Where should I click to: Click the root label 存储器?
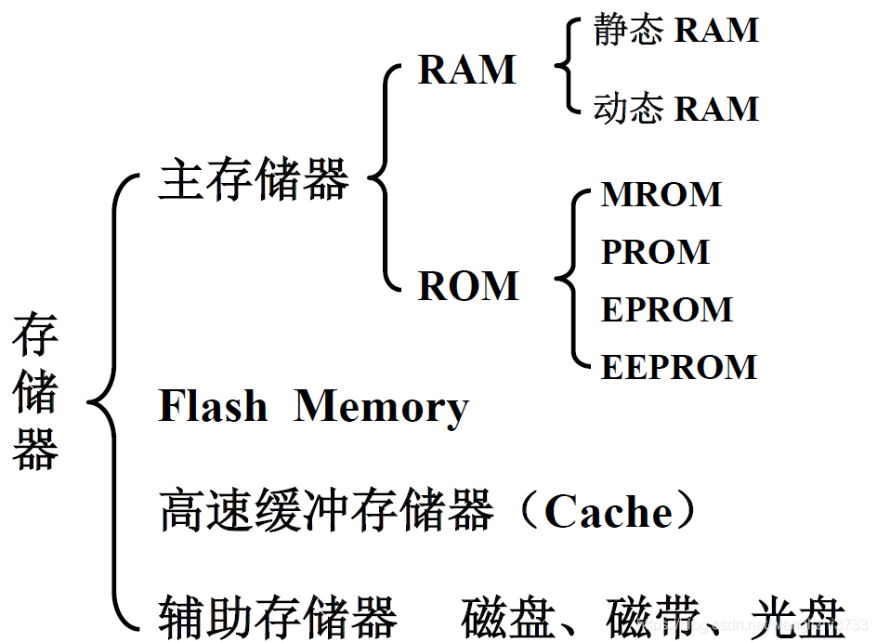point(35,391)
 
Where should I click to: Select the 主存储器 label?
point(254,179)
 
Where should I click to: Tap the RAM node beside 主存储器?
point(467,70)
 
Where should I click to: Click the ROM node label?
point(469,286)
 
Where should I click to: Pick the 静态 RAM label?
point(676,29)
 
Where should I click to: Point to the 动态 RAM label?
point(676,108)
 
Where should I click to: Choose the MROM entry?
point(661,194)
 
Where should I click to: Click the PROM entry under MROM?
point(655,252)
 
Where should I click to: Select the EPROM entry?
point(667,309)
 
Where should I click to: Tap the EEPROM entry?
point(679,367)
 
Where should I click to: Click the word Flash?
point(213,405)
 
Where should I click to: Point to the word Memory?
point(382,408)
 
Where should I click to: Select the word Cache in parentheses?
point(609,511)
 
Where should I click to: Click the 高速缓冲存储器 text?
point(326,509)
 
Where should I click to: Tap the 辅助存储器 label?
point(278,617)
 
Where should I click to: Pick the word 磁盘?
point(508,618)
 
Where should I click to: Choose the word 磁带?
point(653,618)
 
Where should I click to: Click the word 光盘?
point(798,618)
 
